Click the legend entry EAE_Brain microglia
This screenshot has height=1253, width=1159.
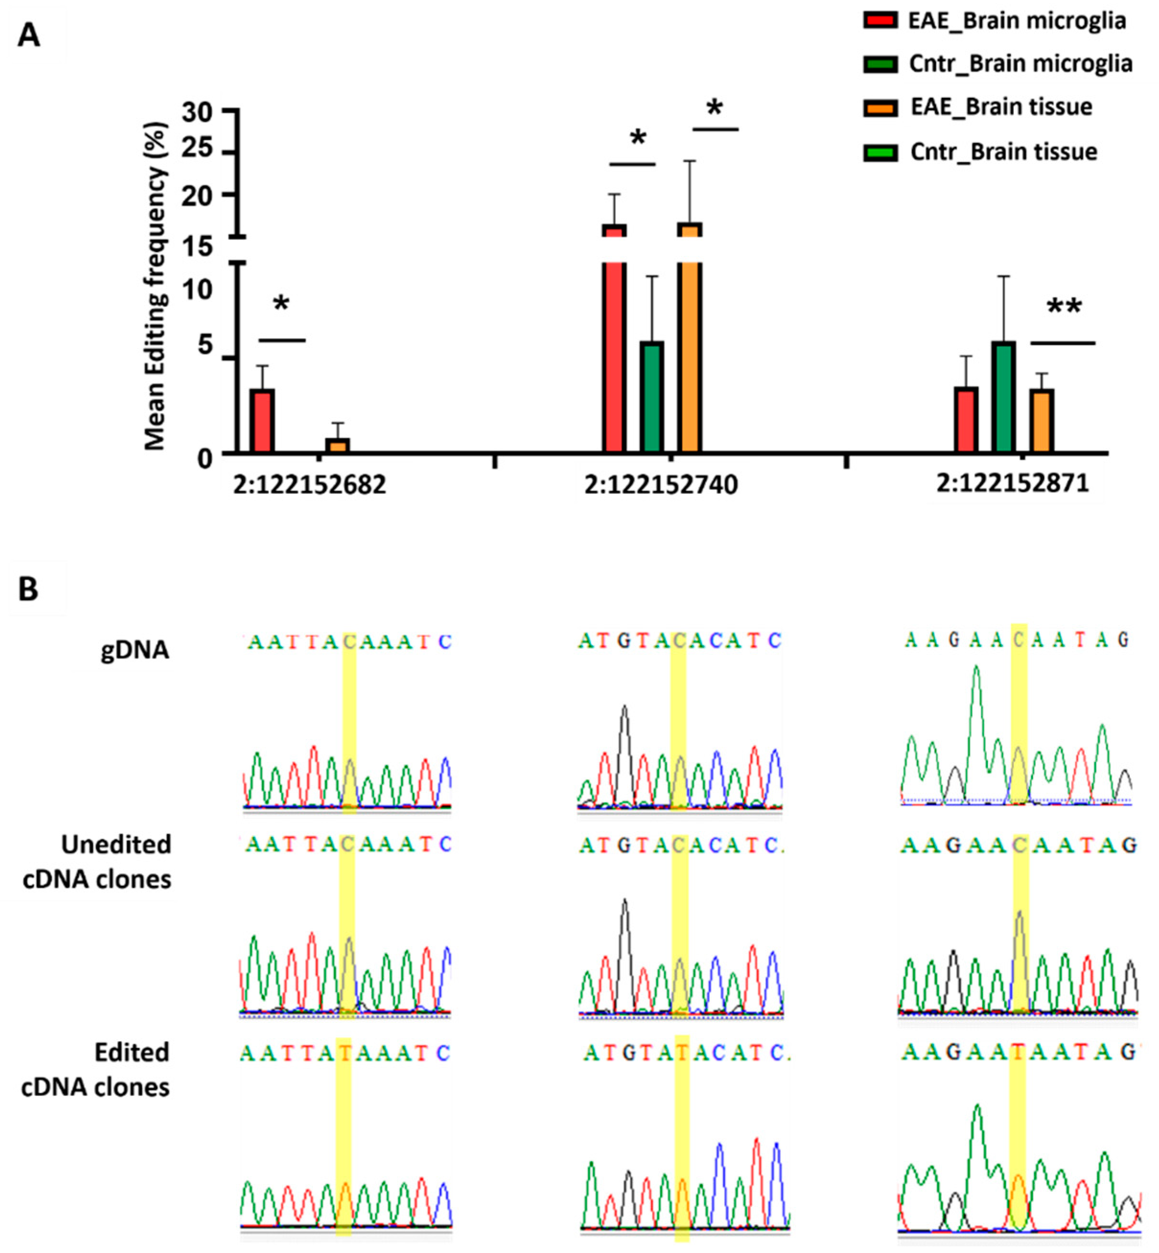click(x=1017, y=21)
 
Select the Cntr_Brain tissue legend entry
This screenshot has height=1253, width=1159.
click(x=1004, y=152)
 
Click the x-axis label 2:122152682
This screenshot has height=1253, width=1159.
click(x=310, y=485)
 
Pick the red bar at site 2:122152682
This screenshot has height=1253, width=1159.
click(x=262, y=420)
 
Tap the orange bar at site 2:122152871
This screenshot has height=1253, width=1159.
click(x=1041, y=420)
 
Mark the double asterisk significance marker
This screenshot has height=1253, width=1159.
click(x=1064, y=308)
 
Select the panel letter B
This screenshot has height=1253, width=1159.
click(x=28, y=590)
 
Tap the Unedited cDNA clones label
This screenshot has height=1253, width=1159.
click(x=97, y=862)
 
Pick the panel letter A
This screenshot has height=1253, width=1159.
click(x=29, y=36)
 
